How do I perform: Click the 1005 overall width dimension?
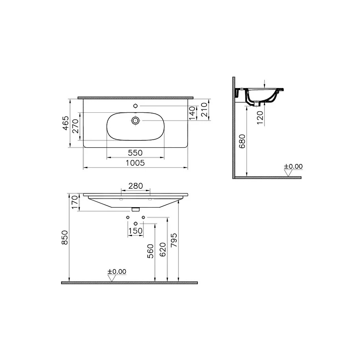[x=135, y=163]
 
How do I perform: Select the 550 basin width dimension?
[x=135, y=152]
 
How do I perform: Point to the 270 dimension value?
[x=76, y=126]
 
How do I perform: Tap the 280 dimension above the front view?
[x=135, y=186]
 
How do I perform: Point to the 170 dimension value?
[x=75, y=202]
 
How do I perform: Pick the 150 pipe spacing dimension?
[x=135, y=231]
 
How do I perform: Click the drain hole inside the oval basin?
[x=136, y=120]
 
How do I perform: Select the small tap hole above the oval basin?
[x=135, y=106]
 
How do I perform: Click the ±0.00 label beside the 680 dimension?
[x=293, y=167]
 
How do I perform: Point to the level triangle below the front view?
[x=112, y=278]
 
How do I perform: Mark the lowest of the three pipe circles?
[x=135, y=223]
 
